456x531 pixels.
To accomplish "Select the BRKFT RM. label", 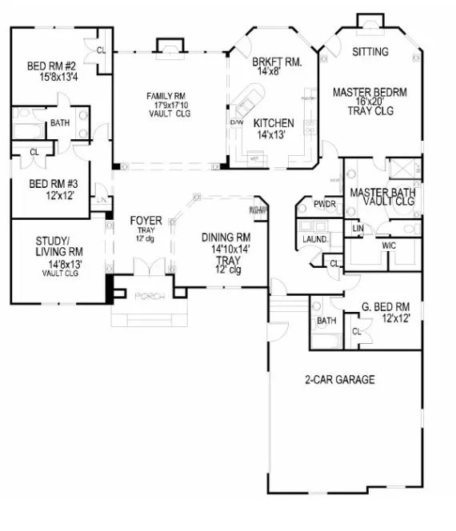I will coord(275,62).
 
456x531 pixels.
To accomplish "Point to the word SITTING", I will coord(370,53).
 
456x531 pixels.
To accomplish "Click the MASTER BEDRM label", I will coord(370,93).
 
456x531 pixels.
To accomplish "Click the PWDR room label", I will coord(325,205).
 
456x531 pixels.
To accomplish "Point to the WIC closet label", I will coord(390,245).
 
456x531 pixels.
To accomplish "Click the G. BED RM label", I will coord(386,306).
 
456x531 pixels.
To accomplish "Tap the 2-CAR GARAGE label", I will coord(340,380).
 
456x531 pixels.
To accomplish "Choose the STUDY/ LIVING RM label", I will coord(55,246).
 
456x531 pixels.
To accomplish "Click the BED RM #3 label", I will coord(51,183).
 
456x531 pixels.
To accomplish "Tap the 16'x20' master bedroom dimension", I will coord(370,103).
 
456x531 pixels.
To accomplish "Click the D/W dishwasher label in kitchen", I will coord(236,122).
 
